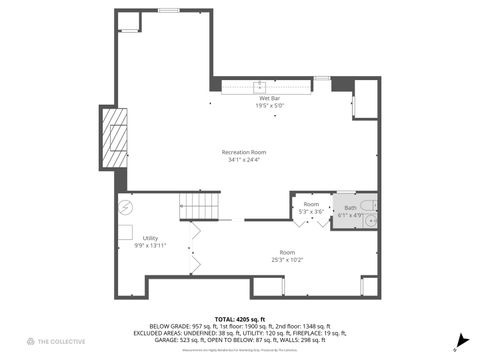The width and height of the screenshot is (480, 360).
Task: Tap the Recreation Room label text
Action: [x=245, y=152]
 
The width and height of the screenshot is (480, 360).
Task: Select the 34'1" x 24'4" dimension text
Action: [x=245, y=160]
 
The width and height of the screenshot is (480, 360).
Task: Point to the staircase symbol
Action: [x=199, y=207]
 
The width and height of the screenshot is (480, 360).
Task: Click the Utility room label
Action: [x=150, y=238]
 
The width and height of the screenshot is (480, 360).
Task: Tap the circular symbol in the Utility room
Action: [x=126, y=208]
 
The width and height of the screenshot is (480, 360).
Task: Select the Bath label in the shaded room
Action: [x=350, y=208]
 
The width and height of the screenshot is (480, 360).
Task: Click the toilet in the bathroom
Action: [x=369, y=220]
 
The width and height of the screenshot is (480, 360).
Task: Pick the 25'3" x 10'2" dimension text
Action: [x=287, y=260]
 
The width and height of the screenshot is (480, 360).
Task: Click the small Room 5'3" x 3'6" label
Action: [x=310, y=207]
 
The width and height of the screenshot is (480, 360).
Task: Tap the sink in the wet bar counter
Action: [x=260, y=87]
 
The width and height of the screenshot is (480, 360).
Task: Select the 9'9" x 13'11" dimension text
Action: [x=150, y=246]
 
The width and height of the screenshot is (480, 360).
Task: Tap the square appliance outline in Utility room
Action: [x=126, y=233]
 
